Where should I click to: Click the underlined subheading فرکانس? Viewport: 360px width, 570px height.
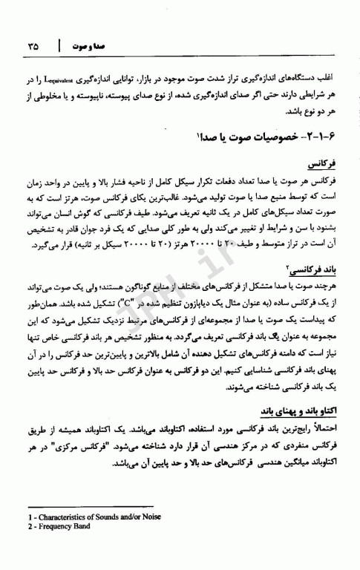tap(321, 161)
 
